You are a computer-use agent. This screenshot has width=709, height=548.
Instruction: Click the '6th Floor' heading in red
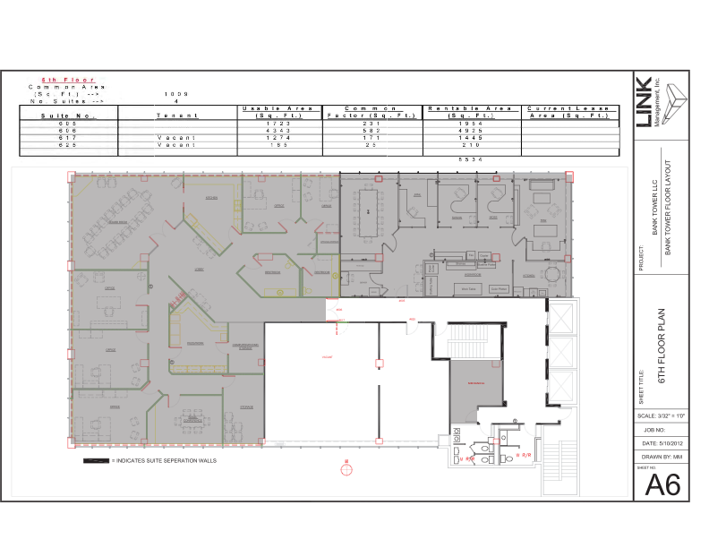69,80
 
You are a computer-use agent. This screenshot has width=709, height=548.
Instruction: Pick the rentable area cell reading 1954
471,123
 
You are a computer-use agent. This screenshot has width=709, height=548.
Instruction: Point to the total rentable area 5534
471,159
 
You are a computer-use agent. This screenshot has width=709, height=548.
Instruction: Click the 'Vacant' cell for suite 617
176,138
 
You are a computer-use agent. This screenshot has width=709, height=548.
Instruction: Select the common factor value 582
372,131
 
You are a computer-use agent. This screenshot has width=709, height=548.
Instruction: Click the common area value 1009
176,94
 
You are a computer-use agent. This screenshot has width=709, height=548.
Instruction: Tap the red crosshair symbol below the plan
346,469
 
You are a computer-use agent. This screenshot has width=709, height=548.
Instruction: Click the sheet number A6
662,484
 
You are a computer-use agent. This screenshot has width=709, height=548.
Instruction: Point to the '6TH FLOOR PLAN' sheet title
662,349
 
